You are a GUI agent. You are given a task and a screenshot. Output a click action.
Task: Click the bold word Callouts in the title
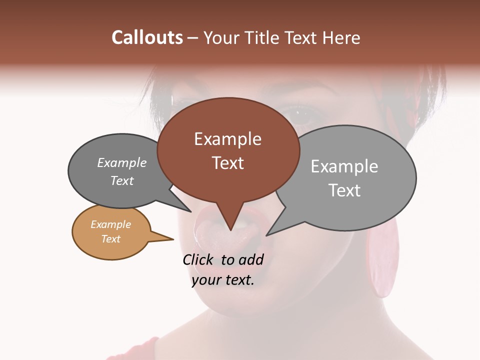(x=147, y=37)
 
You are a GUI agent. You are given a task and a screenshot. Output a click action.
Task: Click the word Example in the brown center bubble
(x=227, y=139)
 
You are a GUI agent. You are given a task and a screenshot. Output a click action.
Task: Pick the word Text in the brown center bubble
(x=227, y=163)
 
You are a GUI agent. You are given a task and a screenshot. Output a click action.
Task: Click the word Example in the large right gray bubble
(x=344, y=166)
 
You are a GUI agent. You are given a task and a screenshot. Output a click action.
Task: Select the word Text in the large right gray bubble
(x=344, y=190)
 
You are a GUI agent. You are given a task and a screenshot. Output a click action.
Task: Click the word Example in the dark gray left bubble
(x=122, y=162)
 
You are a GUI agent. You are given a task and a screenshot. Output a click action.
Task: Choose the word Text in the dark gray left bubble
(x=122, y=180)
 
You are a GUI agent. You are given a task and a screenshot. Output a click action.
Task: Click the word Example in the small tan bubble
(x=110, y=224)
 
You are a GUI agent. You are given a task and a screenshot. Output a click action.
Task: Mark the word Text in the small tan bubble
(x=110, y=239)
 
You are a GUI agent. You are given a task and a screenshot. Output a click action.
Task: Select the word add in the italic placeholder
(x=251, y=259)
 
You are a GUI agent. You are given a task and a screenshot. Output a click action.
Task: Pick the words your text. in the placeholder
(x=223, y=280)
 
